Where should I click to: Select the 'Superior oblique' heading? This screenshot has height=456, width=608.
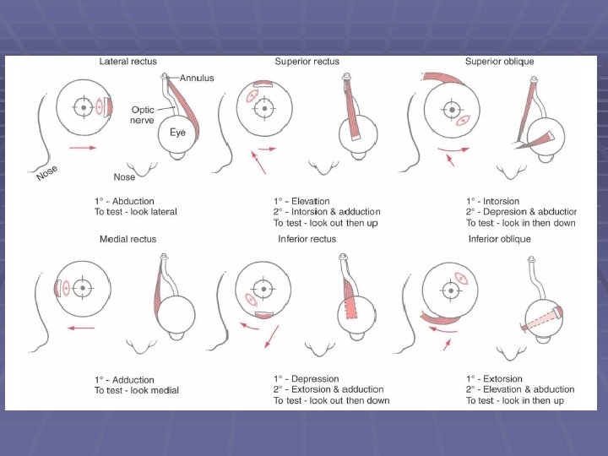coord(499,62)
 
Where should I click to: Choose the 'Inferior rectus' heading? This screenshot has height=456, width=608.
coord(307,239)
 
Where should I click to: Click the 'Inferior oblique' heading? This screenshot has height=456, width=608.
coord(499,239)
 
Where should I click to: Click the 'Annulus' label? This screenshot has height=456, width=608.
coord(197,79)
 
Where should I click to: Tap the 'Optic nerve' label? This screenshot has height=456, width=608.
coord(142,114)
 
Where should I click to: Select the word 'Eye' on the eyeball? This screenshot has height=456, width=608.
coord(177,133)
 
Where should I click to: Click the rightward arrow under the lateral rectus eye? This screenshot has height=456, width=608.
coord(83,148)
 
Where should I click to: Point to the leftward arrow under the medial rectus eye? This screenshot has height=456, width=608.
coord(81,328)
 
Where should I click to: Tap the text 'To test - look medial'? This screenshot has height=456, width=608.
coord(136,390)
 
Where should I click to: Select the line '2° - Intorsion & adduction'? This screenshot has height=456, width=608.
coord(326,212)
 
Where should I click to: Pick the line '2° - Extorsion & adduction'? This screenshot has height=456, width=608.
coord(328,390)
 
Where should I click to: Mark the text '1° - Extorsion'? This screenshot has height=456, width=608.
coord(494,379)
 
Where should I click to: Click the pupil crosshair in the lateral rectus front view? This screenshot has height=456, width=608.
coord(83,107)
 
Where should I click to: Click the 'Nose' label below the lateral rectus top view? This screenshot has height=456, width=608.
coord(125,177)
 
